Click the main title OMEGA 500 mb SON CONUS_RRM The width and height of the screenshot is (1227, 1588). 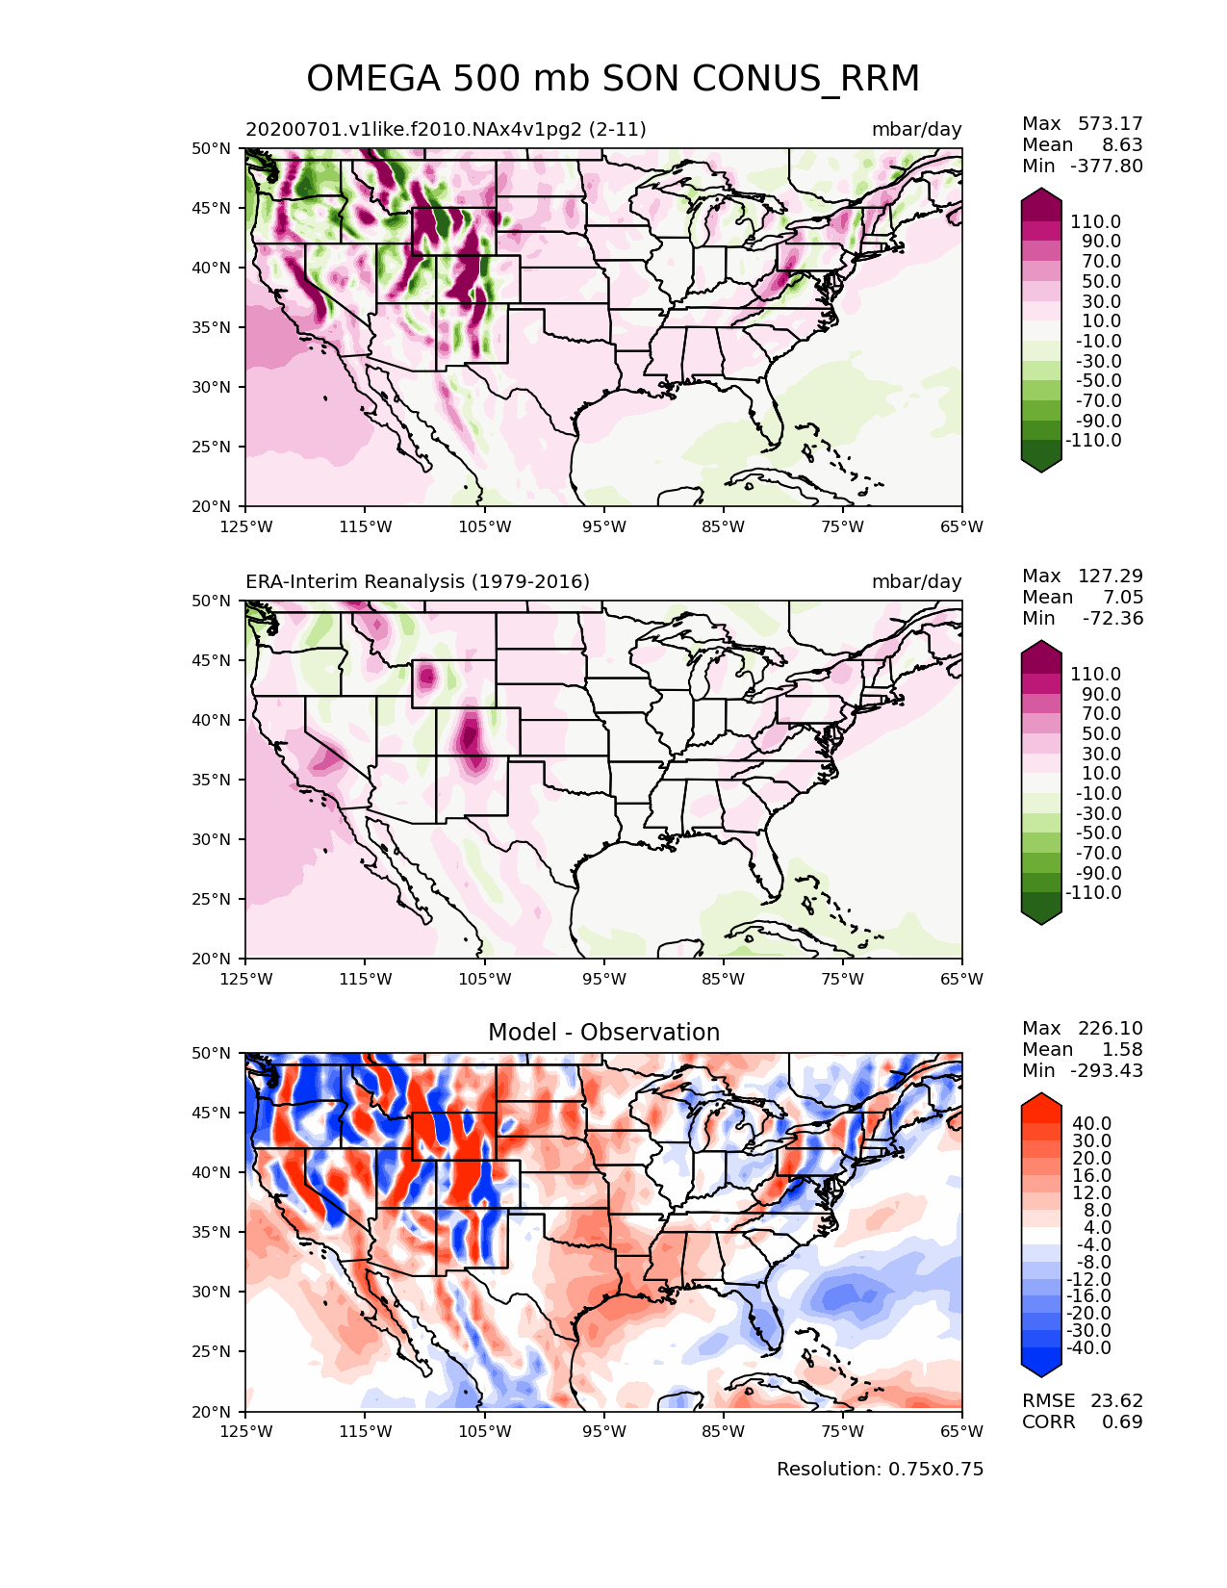(x=613, y=79)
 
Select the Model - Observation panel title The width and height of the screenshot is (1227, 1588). (x=603, y=1033)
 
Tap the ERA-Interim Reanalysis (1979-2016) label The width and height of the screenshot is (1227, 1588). (x=418, y=582)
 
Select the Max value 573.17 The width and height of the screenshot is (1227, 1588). (x=1110, y=123)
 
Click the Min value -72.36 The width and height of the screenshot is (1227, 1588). (x=1112, y=618)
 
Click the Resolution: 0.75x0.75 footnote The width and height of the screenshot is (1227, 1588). (x=880, y=1470)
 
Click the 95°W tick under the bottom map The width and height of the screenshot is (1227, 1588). (x=603, y=1431)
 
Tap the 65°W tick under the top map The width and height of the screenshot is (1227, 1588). (x=961, y=526)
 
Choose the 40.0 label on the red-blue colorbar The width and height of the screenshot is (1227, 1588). (x=1092, y=1123)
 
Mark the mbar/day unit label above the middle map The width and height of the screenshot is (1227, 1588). (x=916, y=582)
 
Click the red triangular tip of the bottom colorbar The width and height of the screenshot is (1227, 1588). (x=1041, y=1102)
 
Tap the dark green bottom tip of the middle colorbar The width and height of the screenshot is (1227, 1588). (x=1041, y=916)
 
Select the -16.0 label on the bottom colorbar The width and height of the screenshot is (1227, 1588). (x=1088, y=1296)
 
